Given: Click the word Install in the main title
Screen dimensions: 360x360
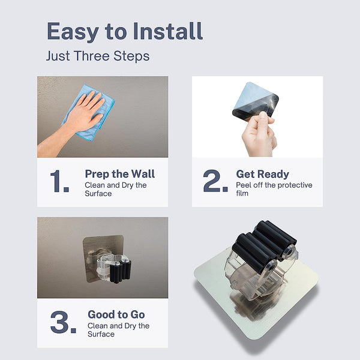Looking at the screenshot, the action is coord(168,31).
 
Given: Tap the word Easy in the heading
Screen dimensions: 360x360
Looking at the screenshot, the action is coord(73,32).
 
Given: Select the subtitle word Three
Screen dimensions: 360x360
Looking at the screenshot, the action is coord(92,56).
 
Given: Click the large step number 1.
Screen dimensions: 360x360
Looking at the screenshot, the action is coord(59,181).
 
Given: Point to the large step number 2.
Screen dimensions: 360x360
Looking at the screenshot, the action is coord(215,181).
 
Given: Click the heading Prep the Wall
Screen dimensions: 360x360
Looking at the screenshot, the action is coord(119,174).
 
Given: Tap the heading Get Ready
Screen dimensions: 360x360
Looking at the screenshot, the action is coord(262,174).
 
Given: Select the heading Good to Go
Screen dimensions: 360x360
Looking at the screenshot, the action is coord(116,314).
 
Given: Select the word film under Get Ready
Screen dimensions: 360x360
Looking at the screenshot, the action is coord(242,193).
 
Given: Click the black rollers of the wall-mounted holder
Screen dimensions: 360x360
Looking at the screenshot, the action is coord(121,271).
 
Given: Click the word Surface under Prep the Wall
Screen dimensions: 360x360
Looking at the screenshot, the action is coord(98,194).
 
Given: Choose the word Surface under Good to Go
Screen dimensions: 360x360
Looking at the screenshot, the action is coord(101,334).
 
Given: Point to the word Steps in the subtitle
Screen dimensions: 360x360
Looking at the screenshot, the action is coord(131,56).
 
